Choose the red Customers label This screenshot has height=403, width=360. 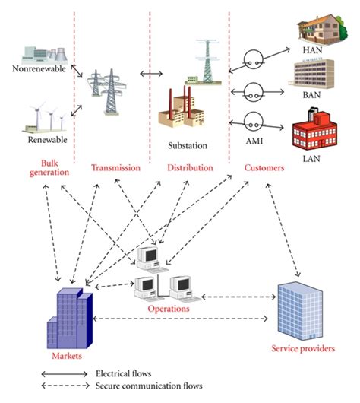coord(265,167)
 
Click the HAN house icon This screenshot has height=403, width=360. coord(313,28)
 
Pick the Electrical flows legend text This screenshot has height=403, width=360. coord(125,374)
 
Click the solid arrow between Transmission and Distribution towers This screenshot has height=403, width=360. coord(152,75)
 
